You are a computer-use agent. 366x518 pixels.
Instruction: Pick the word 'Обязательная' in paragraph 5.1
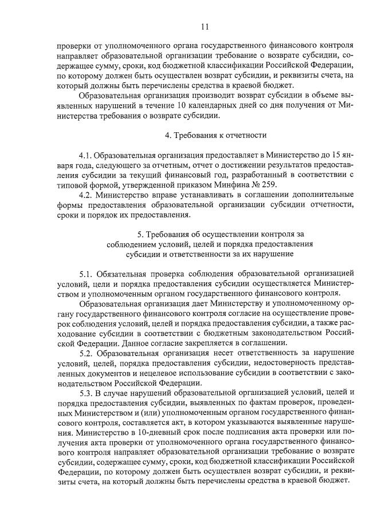(x=127, y=273)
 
